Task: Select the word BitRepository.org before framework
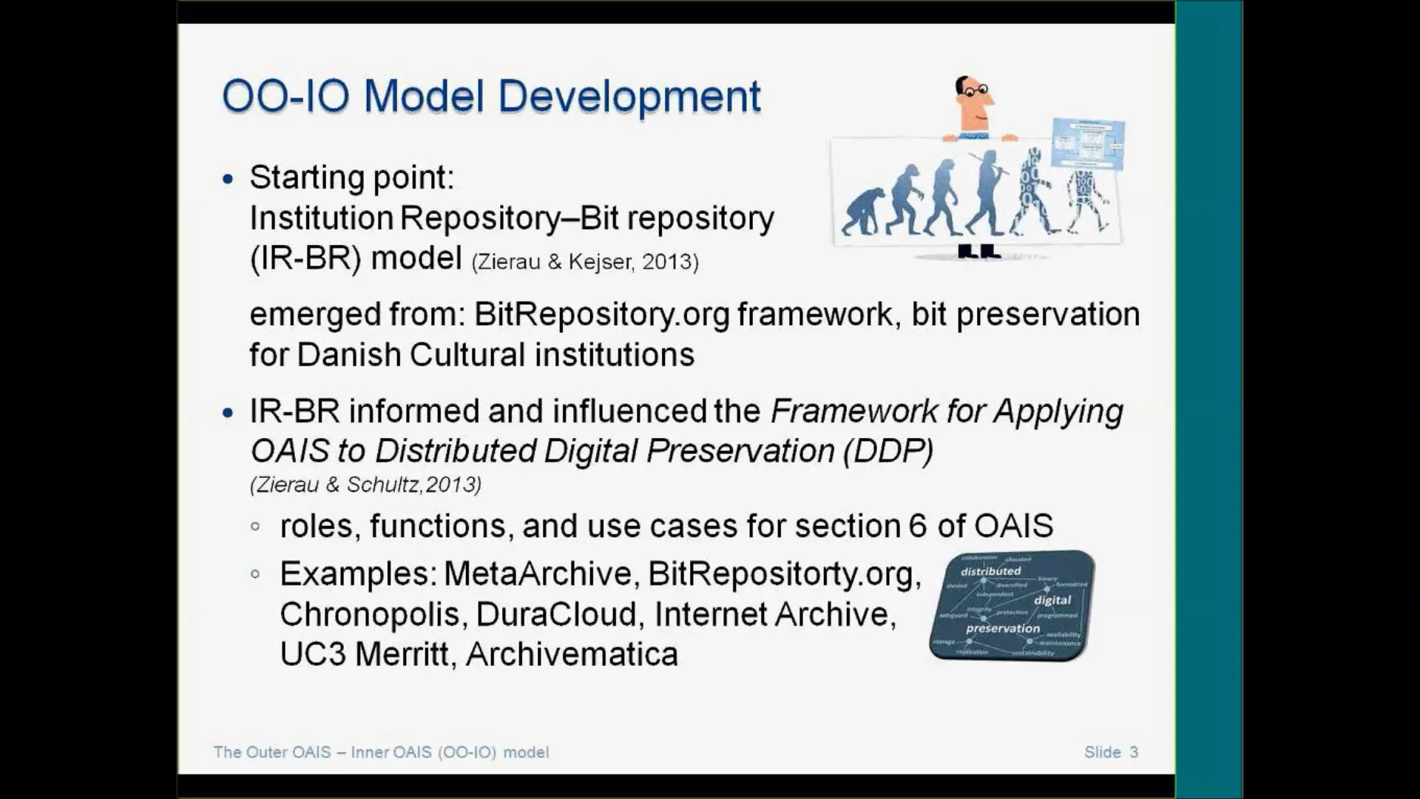(602, 314)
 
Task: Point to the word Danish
(348, 355)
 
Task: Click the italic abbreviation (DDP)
(887, 451)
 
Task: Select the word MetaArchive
(537, 574)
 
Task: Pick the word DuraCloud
(556, 615)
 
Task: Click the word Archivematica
(572, 655)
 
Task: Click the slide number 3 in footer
(1134, 752)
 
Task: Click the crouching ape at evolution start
(863, 212)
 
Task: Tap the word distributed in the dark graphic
(990, 571)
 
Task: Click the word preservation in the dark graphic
(1002, 628)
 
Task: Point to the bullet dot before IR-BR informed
(228, 413)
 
